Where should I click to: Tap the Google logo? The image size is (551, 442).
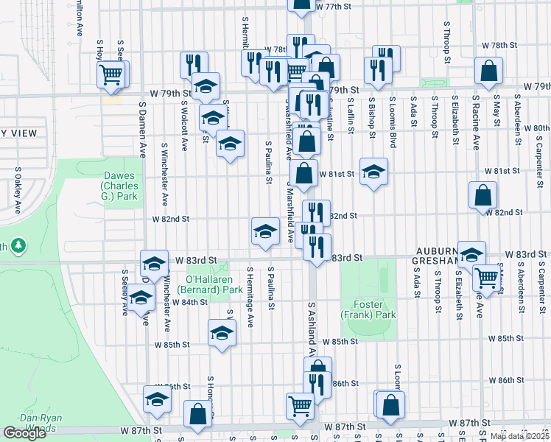(24, 433)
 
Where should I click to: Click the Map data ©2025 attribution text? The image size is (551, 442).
(520, 436)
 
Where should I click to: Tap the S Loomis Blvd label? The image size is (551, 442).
(393, 122)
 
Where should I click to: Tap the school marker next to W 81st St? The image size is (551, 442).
(373, 172)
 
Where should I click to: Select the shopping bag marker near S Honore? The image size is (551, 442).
(198, 414)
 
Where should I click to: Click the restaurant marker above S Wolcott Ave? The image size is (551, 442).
(193, 64)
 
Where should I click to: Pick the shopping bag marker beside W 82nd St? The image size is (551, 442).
(482, 195)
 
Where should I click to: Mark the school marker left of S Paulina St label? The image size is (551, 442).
(264, 231)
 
